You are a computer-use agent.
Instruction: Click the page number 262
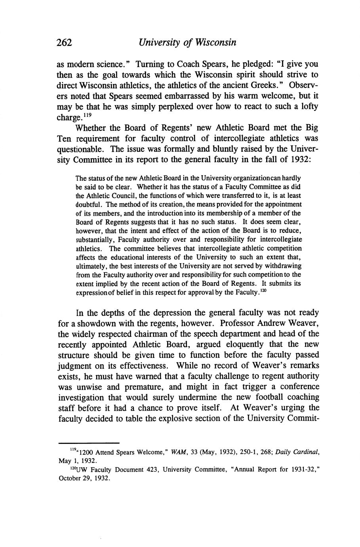point(64,43)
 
